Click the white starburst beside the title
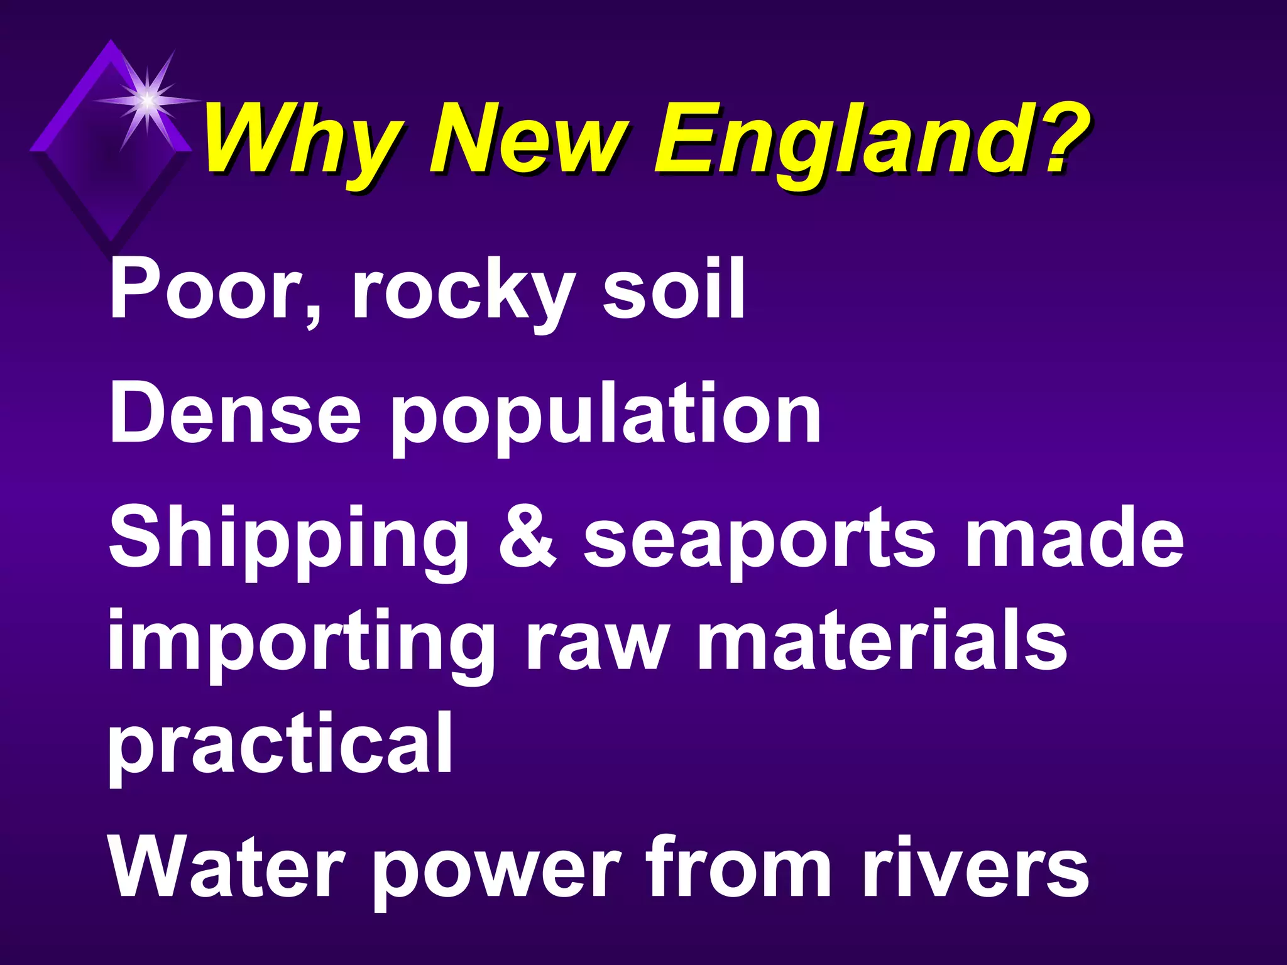click(x=146, y=99)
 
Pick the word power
click(x=500, y=873)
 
